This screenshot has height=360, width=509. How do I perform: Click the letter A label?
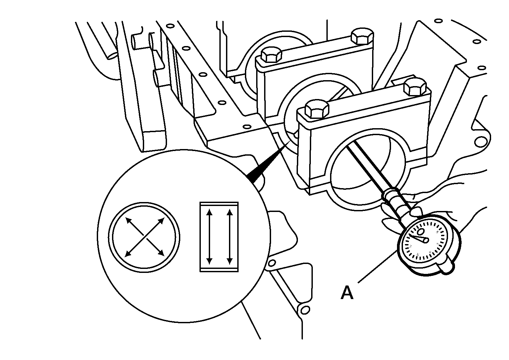[347, 293]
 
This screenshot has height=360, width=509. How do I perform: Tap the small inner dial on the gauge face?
[421, 232]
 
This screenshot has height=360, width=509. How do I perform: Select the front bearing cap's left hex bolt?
[317, 110]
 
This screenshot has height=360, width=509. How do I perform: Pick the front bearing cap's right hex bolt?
[415, 87]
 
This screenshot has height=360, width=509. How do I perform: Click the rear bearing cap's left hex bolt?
[271, 55]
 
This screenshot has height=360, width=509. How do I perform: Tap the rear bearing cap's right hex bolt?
[362, 36]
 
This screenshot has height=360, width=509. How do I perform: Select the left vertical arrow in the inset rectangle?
[209, 237]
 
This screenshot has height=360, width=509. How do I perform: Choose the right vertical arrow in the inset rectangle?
[230, 237]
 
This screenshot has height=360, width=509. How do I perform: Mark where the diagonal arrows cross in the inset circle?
[145, 237]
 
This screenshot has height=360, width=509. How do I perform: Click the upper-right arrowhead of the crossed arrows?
[162, 221]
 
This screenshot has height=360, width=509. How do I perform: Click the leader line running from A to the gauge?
[377, 267]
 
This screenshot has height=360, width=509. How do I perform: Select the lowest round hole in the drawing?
[305, 310]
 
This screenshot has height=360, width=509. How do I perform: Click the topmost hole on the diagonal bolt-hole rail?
[170, 26]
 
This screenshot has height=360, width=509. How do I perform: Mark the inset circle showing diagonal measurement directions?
[144, 237]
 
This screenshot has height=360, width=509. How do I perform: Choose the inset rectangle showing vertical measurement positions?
[219, 237]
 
